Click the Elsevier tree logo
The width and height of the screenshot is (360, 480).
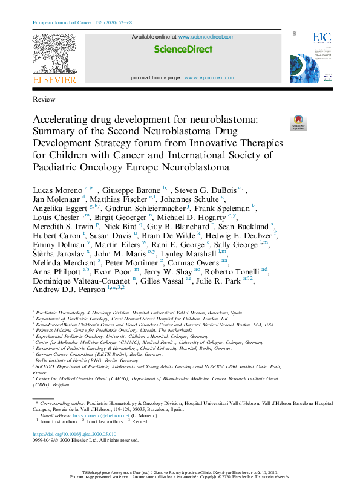[54, 53]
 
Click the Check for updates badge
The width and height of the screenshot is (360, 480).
[299, 122]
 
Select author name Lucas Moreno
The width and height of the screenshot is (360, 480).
[57, 190]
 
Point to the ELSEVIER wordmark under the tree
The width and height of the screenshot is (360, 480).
[54, 79]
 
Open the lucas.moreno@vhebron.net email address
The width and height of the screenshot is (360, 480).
[107, 415]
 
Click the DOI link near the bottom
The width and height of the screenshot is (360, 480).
[74, 435]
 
